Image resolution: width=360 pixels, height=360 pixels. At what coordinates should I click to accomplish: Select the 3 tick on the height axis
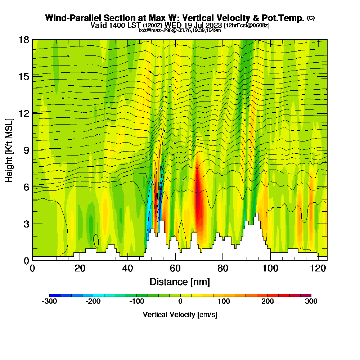point(26,224)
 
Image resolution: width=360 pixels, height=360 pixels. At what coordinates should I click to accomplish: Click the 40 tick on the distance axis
point(127,269)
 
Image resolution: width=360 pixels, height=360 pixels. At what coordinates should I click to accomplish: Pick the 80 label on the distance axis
point(223,269)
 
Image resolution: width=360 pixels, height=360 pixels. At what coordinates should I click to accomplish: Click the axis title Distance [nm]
point(180,282)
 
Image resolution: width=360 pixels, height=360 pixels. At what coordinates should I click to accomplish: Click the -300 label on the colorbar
point(49,302)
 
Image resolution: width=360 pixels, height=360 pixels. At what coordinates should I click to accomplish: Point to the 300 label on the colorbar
point(311,302)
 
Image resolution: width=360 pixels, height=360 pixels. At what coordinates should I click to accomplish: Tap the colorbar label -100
point(136,302)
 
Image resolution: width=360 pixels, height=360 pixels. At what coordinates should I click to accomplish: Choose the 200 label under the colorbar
point(267,302)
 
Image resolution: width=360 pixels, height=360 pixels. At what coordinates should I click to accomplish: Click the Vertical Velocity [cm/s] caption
point(180,315)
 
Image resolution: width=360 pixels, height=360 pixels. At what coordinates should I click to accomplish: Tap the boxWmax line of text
point(180,30)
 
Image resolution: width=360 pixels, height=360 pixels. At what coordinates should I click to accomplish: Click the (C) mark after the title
point(311,18)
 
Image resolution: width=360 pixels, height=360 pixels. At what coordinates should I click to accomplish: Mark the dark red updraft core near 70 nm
point(198,202)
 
